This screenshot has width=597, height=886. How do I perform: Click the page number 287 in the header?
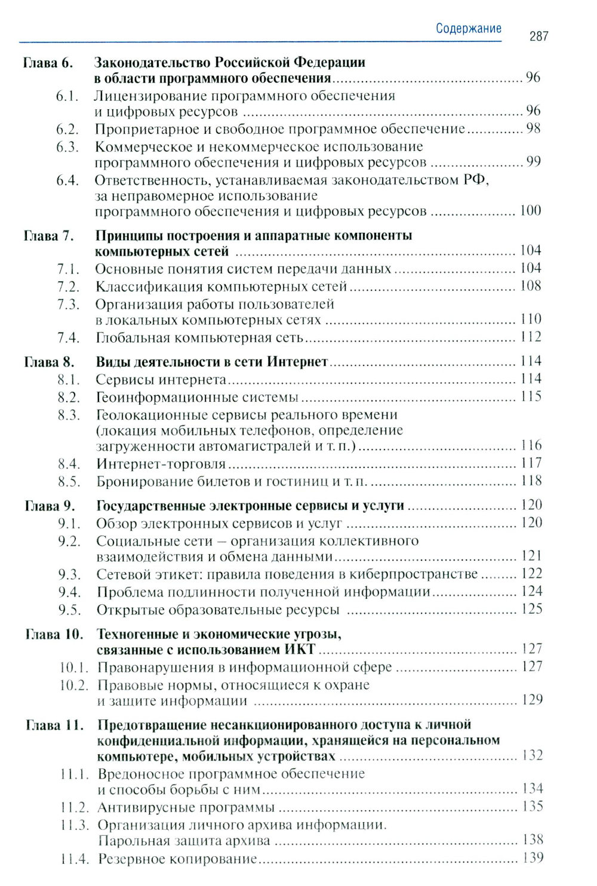(538, 36)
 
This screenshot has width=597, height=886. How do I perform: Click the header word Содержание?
(469, 29)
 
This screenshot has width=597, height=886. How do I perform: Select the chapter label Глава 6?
(48, 63)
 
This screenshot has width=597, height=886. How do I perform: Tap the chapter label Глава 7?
(49, 236)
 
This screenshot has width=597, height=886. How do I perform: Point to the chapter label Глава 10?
(54, 634)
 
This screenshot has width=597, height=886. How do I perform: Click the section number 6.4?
(67, 180)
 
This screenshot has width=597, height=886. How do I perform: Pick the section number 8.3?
(69, 415)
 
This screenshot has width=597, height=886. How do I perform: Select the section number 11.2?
(75, 808)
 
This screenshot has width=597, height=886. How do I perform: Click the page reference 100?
(530, 210)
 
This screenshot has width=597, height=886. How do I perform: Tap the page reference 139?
(532, 858)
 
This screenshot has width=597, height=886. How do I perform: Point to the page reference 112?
(531, 337)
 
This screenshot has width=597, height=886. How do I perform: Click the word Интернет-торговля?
(161, 464)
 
